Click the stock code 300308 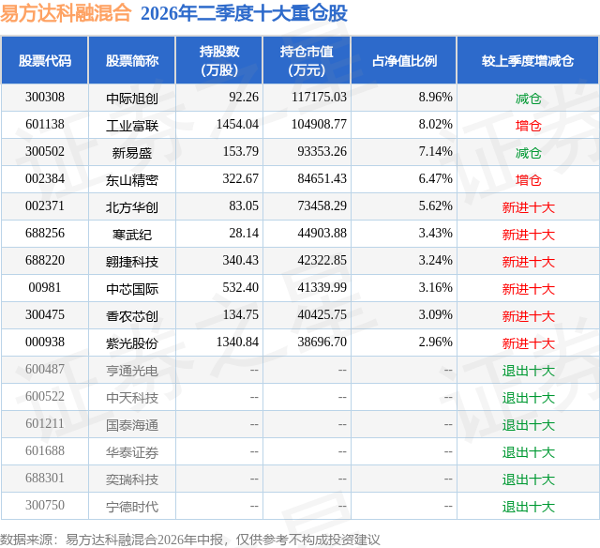(x=45, y=98)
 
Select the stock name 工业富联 (x=132, y=126)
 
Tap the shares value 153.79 (x=241, y=152)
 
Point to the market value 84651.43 (x=322, y=179)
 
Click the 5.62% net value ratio (x=435, y=206)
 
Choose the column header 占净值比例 (x=404, y=61)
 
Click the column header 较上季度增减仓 (x=528, y=61)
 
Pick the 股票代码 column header (x=45, y=61)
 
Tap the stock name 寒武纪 (x=132, y=235)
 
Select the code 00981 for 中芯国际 (x=45, y=287)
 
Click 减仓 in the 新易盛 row (x=528, y=153)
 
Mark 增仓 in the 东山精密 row (x=528, y=180)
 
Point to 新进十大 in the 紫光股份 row (x=528, y=343)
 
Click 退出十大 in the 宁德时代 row (x=528, y=507)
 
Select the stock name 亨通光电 (x=132, y=371)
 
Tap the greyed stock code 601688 (x=45, y=450)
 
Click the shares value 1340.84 (x=237, y=342)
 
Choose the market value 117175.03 (x=319, y=98)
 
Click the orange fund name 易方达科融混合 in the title (x=66, y=13)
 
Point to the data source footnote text (x=190, y=540)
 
